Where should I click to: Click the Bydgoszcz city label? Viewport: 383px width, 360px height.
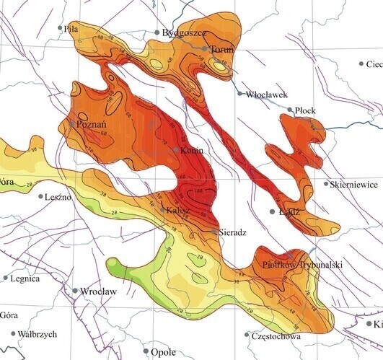pos(186,33)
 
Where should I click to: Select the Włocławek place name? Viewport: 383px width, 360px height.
pos(267,95)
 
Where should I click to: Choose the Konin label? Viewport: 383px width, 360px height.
pos(192,150)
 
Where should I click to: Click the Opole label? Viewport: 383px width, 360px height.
pos(163,352)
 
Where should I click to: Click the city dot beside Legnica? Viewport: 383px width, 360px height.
pos(6,277)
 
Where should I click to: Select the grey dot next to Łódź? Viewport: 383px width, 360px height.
pos(273,212)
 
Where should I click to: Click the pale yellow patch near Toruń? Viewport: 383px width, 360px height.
pos(218,66)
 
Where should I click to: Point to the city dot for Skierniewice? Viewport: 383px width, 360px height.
pos(326,184)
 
